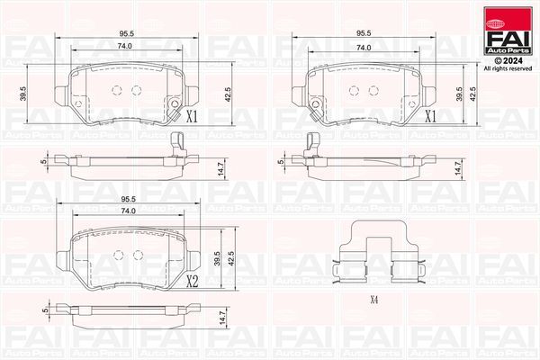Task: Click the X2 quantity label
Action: pyautogui.click(x=192, y=281)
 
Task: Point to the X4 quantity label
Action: pyautogui.click(x=373, y=300)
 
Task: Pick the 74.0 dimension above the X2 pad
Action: pyautogui.click(x=128, y=211)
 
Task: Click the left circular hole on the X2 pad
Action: pyautogui.click(x=119, y=254)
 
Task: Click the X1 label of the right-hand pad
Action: pyautogui.click(x=430, y=116)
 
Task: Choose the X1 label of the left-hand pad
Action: pyautogui.click(x=191, y=116)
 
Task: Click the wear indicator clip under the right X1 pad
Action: pyautogui.click(x=313, y=141)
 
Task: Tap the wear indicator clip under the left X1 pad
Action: pyautogui.click(x=178, y=141)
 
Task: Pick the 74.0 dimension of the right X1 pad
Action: pyautogui.click(x=364, y=47)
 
